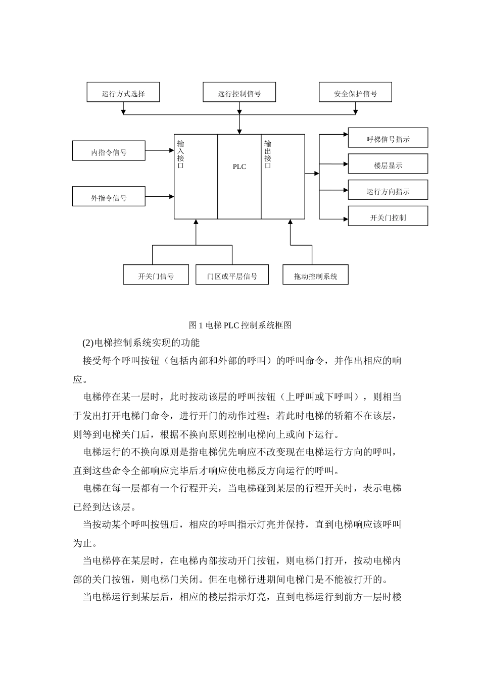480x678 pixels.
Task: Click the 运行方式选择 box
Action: tap(123, 92)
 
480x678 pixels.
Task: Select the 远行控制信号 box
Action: tap(239, 92)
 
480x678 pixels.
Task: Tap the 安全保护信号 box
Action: tap(355, 92)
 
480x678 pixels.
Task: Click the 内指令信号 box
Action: tap(109, 151)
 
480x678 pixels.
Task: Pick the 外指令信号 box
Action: tap(109, 197)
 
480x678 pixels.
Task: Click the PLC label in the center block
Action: tap(239, 167)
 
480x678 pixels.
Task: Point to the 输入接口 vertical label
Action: tap(180, 154)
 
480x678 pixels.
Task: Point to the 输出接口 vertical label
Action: tap(268, 154)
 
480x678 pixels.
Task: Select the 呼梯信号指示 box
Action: tap(388, 138)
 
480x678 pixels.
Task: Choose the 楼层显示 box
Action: tap(388, 164)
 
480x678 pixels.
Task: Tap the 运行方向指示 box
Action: tap(388, 190)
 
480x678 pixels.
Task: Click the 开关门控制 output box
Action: tap(388, 216)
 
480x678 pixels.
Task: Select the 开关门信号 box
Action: tap(156, 275)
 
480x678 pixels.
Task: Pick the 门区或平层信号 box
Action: tap(232, 275)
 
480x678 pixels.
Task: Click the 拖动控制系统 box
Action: tap(315, 275)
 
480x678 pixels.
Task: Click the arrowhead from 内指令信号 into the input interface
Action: tap(171, 150)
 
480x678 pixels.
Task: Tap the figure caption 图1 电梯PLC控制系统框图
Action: tap(240, 325)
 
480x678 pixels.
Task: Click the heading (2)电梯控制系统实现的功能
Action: tap(141, 343)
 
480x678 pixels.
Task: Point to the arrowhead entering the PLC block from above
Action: tap(239, 131)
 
